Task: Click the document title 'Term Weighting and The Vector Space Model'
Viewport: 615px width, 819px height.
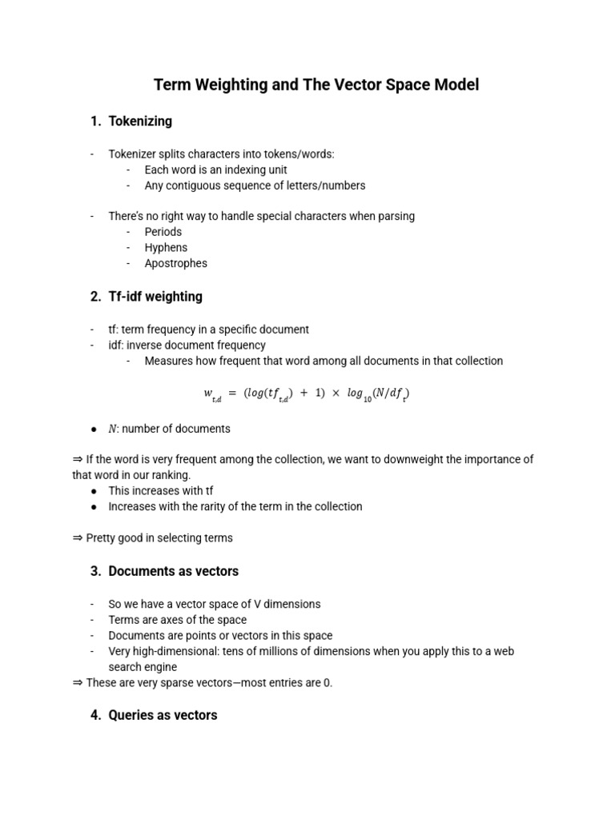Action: click(316, 85)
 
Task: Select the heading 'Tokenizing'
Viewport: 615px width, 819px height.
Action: click(140, 122)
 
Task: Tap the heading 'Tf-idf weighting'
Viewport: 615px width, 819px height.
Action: click(155, 297)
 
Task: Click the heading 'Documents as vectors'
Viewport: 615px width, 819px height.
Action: click(173, 572)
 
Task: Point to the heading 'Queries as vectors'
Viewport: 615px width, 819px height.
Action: click(163, 715)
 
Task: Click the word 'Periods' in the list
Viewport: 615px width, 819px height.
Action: click(163, 232)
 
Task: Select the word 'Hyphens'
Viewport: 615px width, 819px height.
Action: click(166, 248)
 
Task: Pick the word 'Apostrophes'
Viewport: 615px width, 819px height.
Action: click(175, 263)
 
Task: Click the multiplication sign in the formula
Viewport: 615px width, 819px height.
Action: click(336, 393)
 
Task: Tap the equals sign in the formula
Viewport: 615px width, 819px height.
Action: click(232, 393)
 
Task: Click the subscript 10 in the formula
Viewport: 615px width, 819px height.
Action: click(366, 398)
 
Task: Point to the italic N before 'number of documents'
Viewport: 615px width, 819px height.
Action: click(112, 429)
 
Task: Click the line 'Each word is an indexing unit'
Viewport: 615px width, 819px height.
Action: click(215, 170)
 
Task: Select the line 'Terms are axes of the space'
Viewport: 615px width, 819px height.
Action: click(178, 620)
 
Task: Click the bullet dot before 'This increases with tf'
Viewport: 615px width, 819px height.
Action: click(94, 491)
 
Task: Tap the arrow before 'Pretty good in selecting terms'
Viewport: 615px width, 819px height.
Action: click(77, 538)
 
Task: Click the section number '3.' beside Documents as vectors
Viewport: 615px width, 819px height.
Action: click(96, 572)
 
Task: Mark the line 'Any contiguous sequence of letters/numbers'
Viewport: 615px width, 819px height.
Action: click(255, 186)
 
